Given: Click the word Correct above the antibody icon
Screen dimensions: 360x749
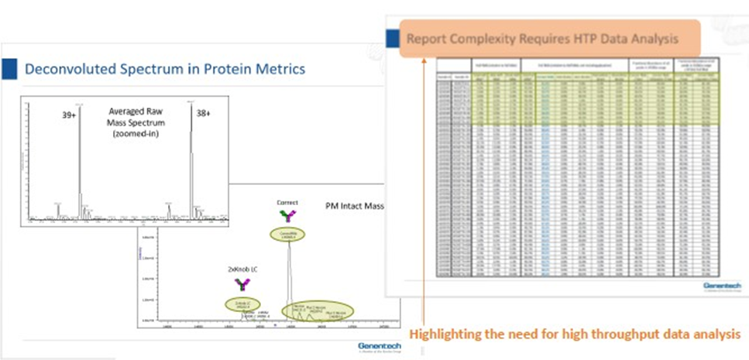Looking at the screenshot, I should [x=287, y=203].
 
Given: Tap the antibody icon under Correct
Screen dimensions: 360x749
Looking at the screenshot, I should [x=287, y=217].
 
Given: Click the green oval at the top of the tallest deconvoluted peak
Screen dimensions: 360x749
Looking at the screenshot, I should [x=287, y=233].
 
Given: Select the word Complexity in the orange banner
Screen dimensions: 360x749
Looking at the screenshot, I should [x=486, y=38].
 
